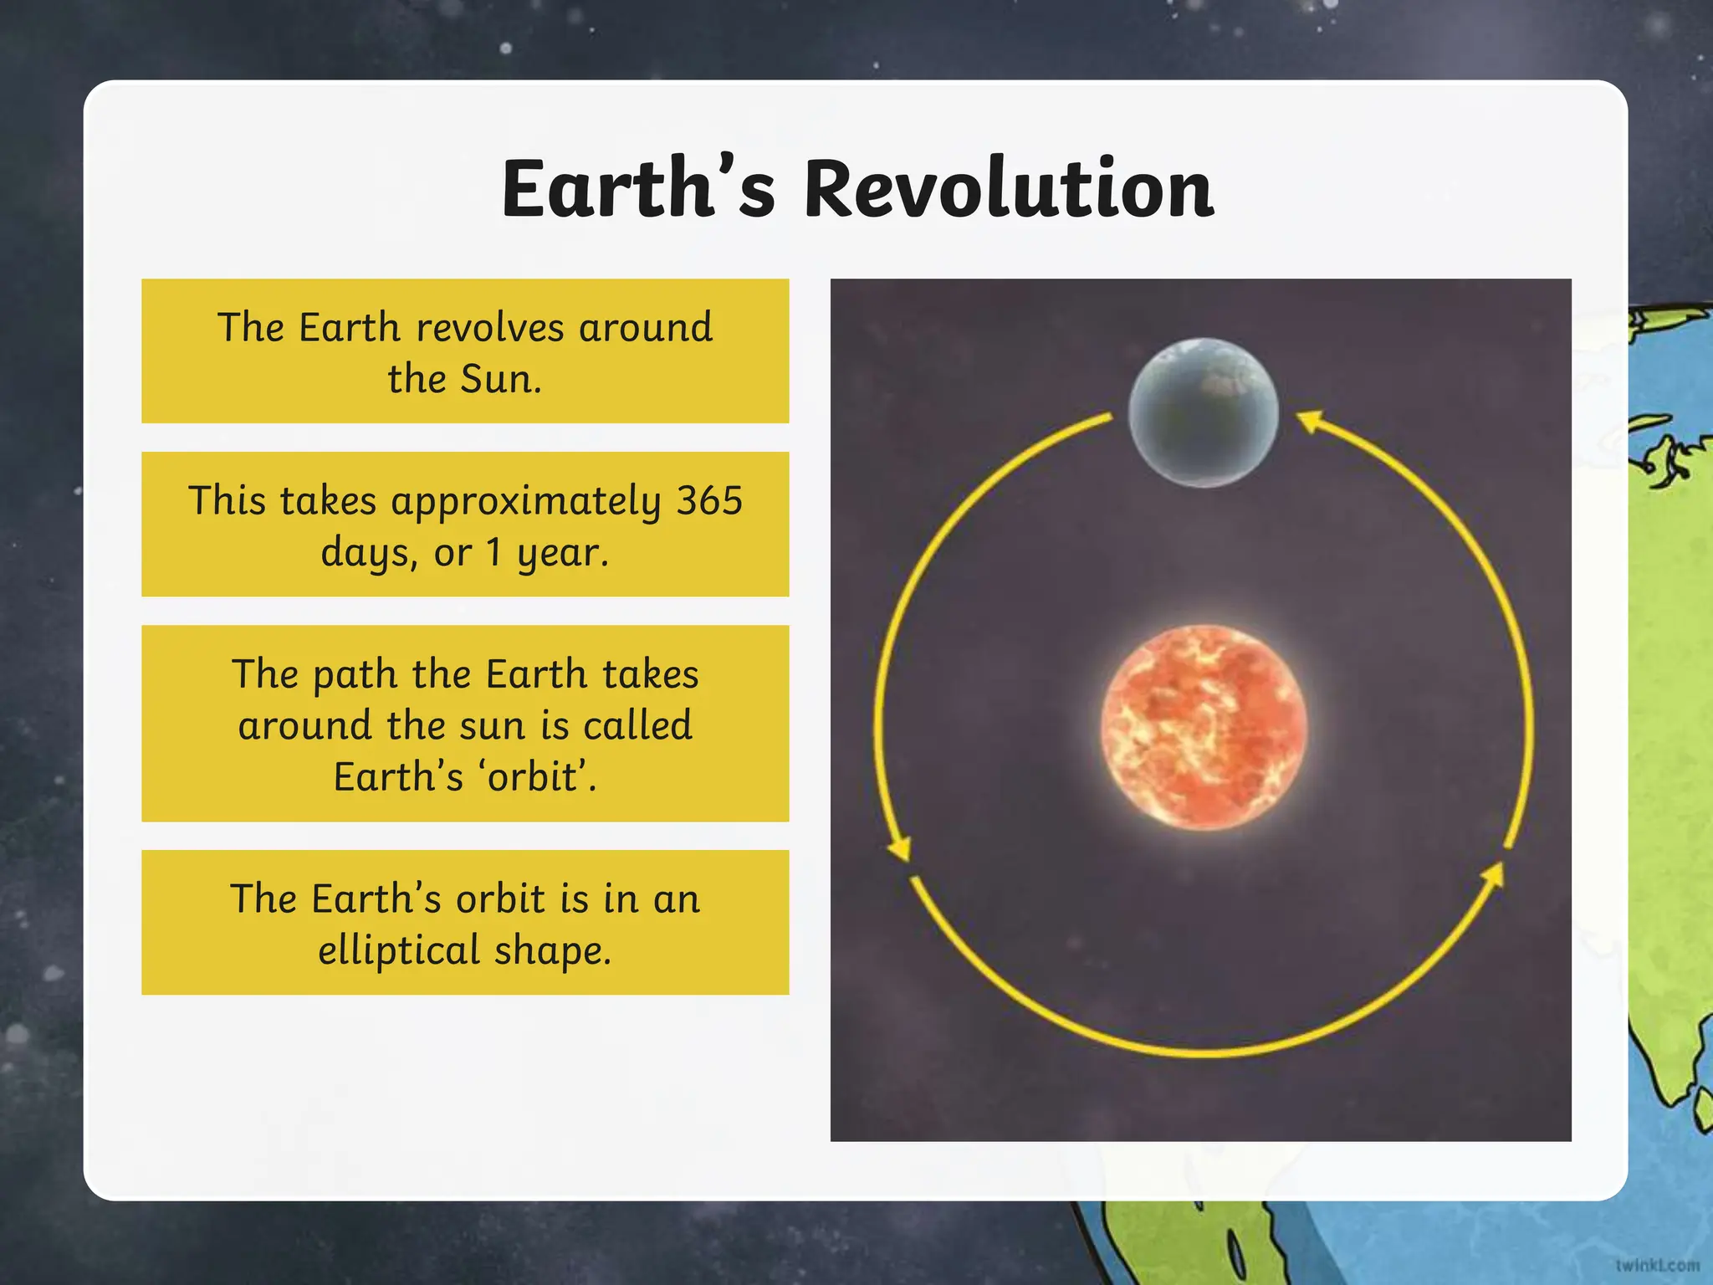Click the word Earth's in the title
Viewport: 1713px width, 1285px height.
click(638, 190)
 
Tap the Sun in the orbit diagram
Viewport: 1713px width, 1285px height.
click(1203, 727)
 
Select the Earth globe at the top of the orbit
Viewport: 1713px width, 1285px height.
click(1203, 412)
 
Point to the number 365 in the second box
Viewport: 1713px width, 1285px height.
click(709, 501)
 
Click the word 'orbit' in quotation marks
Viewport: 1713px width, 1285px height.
click(535, 777)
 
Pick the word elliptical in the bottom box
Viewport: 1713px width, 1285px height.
click(399, 950)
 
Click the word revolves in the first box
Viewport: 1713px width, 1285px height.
click(489, 328)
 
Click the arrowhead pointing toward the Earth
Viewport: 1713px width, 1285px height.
click(1310, 420)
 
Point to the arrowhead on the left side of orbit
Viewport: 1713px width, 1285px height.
click(900, 848)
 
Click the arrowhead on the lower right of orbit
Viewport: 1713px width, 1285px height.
click(1492, 875)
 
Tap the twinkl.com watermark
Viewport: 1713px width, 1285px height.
click(1657, 1266)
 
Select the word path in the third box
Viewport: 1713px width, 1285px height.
click(355, 675)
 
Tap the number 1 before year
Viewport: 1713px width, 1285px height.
click(493, 552)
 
